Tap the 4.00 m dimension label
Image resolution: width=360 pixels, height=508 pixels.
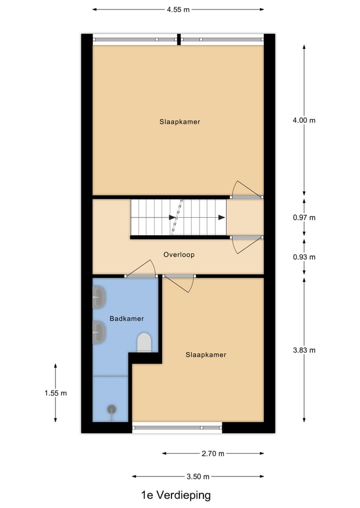305,120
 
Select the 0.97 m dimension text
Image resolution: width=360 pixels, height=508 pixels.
305,218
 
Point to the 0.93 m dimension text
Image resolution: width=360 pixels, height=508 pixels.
305,257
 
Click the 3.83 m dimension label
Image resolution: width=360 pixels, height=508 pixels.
305,350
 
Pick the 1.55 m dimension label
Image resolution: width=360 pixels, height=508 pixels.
55,393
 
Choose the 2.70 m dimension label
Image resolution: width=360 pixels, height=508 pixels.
213,454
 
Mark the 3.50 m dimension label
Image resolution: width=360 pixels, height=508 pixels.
198,477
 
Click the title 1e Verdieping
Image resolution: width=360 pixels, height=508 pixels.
175,496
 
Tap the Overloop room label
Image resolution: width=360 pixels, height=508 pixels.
178,255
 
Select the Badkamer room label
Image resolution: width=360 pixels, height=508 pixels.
126,319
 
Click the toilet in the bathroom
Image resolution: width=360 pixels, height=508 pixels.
144,343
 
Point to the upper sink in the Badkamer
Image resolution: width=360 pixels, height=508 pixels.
99,298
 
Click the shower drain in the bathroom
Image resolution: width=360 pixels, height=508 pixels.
111,409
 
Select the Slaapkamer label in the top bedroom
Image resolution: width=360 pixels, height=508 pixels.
180,121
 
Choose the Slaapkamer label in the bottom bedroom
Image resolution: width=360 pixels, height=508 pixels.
206,355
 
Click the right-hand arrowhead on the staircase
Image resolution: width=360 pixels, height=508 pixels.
221,217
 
